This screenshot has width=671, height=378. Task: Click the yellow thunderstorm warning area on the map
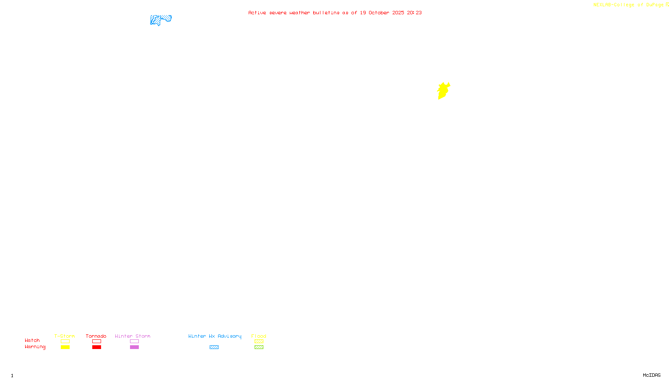[x=443, y=91]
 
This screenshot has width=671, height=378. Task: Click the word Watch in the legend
[x=32, y=340]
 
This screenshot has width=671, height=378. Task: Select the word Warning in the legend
[x=35, y=347]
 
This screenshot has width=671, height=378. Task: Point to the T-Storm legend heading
[x=65, y=336]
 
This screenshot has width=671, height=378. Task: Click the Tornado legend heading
[x=96, y=336]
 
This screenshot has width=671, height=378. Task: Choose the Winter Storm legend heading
[x=133, y=336]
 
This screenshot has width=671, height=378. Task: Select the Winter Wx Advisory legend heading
[x=215, y=336]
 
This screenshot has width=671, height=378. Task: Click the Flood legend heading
[x=259, y=336]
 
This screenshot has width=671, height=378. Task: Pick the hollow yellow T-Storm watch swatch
[x=65, y=341]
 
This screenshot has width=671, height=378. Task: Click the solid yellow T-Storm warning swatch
[x=65, y=347]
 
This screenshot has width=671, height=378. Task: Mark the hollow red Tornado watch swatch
[x=96, y=341]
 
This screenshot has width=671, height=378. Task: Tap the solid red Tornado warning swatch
[x=96, y=347]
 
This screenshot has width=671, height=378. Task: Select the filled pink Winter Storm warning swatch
[x=134, y=347]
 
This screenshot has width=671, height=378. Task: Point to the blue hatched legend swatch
[x=214, y=347]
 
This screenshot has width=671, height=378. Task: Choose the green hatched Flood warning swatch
[x=259, y=347]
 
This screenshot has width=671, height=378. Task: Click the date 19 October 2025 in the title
[x=382, y=13]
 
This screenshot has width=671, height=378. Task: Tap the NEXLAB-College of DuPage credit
[x=629, y=5]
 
